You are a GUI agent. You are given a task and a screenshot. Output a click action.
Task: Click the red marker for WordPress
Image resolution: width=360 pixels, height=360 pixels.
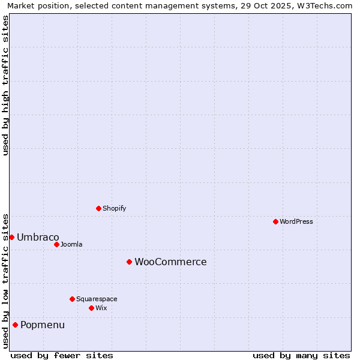[275, 221]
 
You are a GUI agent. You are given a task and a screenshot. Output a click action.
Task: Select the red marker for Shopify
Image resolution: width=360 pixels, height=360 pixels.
[98, 208]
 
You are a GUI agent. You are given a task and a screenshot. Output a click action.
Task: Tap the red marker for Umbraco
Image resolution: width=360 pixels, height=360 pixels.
[11, 237]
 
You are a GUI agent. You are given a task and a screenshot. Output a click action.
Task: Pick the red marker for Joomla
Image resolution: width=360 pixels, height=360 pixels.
[56, 244]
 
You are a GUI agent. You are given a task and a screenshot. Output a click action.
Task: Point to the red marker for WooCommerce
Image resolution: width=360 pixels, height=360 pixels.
[129, 262]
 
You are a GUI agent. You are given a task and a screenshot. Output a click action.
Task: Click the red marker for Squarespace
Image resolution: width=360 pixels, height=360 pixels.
[72, 299]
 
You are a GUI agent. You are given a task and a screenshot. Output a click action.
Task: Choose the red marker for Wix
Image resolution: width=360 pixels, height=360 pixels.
[91, 308]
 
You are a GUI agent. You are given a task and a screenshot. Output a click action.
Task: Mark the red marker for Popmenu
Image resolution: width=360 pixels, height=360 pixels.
[15, 325]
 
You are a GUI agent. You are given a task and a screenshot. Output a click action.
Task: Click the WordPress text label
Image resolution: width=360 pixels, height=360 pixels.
[296, 221]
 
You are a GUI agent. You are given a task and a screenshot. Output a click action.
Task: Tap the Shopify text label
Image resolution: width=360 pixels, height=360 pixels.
[114, 208]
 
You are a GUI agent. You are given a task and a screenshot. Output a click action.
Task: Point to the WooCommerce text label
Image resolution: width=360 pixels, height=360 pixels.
[170, 262]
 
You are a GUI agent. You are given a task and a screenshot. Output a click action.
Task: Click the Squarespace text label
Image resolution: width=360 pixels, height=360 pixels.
[97, 299]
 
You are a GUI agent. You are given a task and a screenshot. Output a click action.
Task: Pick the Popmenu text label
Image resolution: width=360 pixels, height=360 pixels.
[43, 325]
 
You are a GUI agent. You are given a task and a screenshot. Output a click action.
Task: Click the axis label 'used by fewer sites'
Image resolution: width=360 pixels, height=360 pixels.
[62, 355]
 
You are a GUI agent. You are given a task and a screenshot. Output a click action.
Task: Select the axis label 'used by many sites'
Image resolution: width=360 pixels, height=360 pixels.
[301, 355]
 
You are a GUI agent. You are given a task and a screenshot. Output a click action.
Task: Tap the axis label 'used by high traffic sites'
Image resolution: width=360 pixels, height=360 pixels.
[5, 85]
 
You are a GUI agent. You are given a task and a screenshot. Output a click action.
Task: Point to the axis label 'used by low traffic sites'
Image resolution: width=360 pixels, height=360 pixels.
[5, 280]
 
